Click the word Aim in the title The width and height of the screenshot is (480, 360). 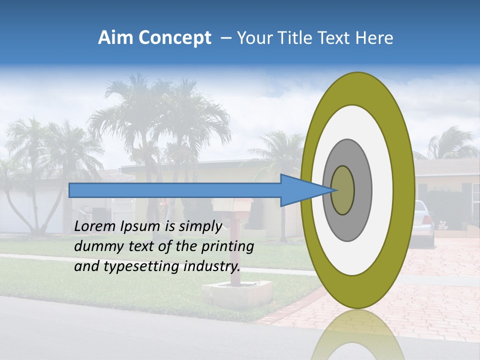114,38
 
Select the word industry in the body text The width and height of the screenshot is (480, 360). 212,266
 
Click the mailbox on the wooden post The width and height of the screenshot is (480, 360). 232,205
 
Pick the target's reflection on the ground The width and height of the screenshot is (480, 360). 357,335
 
